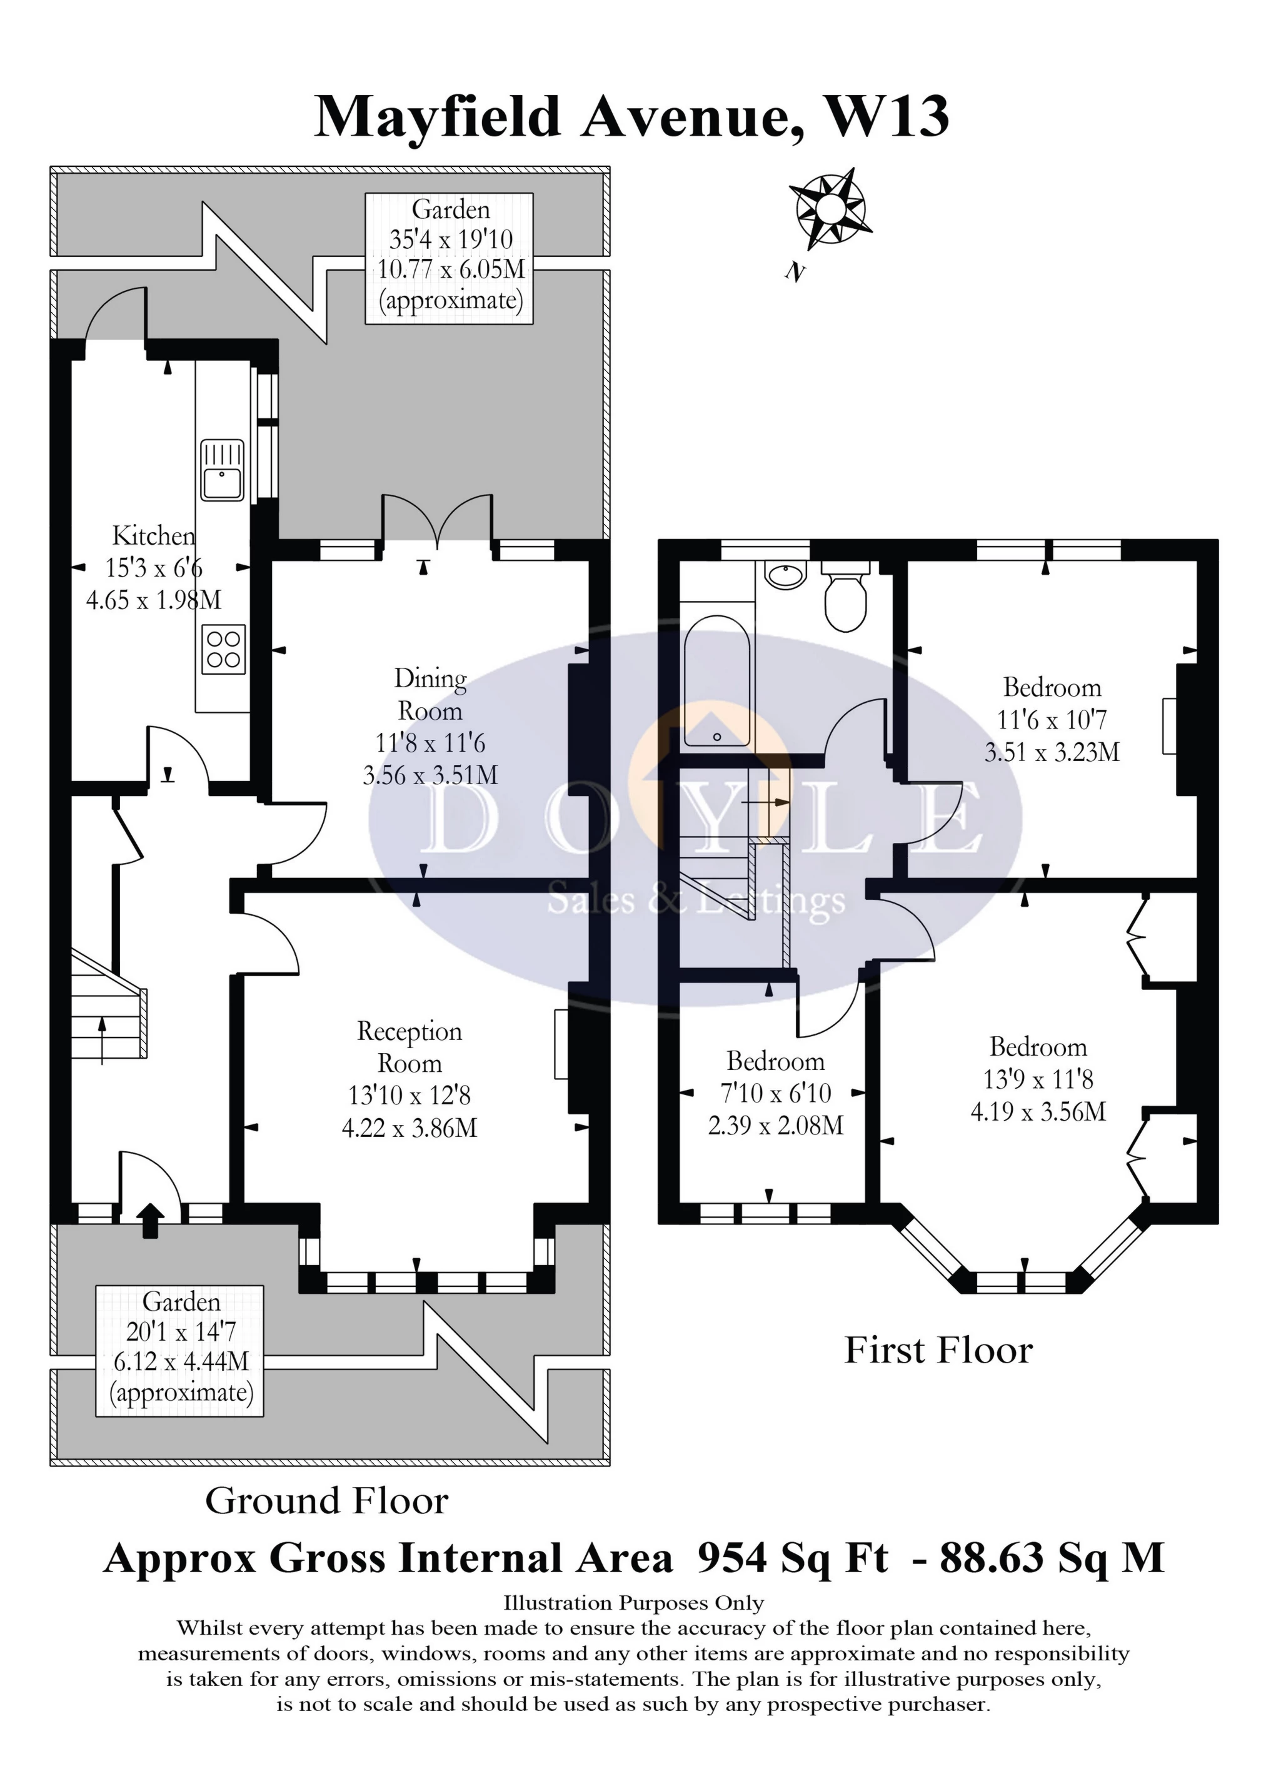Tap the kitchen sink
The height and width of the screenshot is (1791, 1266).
223,470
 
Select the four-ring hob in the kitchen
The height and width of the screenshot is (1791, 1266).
223,649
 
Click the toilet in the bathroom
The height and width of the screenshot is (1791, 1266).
845,599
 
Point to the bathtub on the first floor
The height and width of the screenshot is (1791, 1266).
717,681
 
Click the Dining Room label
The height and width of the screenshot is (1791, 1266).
430,694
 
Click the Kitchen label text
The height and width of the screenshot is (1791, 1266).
154,536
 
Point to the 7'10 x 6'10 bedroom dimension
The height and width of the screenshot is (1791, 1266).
775,1093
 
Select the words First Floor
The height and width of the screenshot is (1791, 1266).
938,1350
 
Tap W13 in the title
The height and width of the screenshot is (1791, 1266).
887,116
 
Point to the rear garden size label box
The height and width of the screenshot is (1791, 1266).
450,258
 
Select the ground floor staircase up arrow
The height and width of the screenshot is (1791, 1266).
102,1039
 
